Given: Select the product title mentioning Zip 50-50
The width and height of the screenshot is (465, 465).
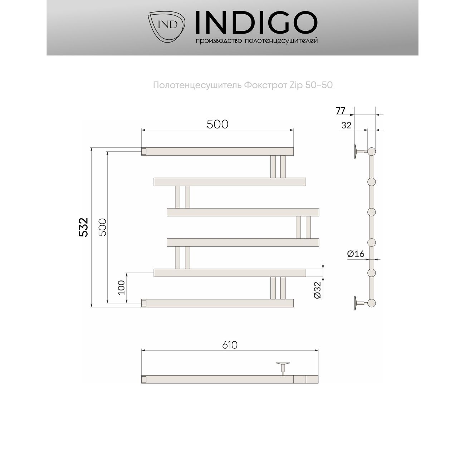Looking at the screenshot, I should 243,85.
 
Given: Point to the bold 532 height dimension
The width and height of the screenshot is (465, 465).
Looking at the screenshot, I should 83,227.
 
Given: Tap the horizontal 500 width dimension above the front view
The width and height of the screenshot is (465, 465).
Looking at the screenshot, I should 217,124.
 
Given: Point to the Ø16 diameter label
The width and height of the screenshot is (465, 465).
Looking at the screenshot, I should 356,254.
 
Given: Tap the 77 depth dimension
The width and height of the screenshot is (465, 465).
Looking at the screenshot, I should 341,111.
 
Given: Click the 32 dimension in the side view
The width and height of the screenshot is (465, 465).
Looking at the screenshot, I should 346,125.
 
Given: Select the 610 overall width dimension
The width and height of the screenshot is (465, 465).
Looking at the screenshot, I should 230,345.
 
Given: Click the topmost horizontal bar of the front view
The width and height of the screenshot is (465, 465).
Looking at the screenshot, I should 217,151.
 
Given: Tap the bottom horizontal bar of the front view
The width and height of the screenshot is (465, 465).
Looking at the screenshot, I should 217,303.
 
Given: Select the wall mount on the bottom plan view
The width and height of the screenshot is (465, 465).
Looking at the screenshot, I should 283,366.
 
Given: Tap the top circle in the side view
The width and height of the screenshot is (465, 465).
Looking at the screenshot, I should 372,151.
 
